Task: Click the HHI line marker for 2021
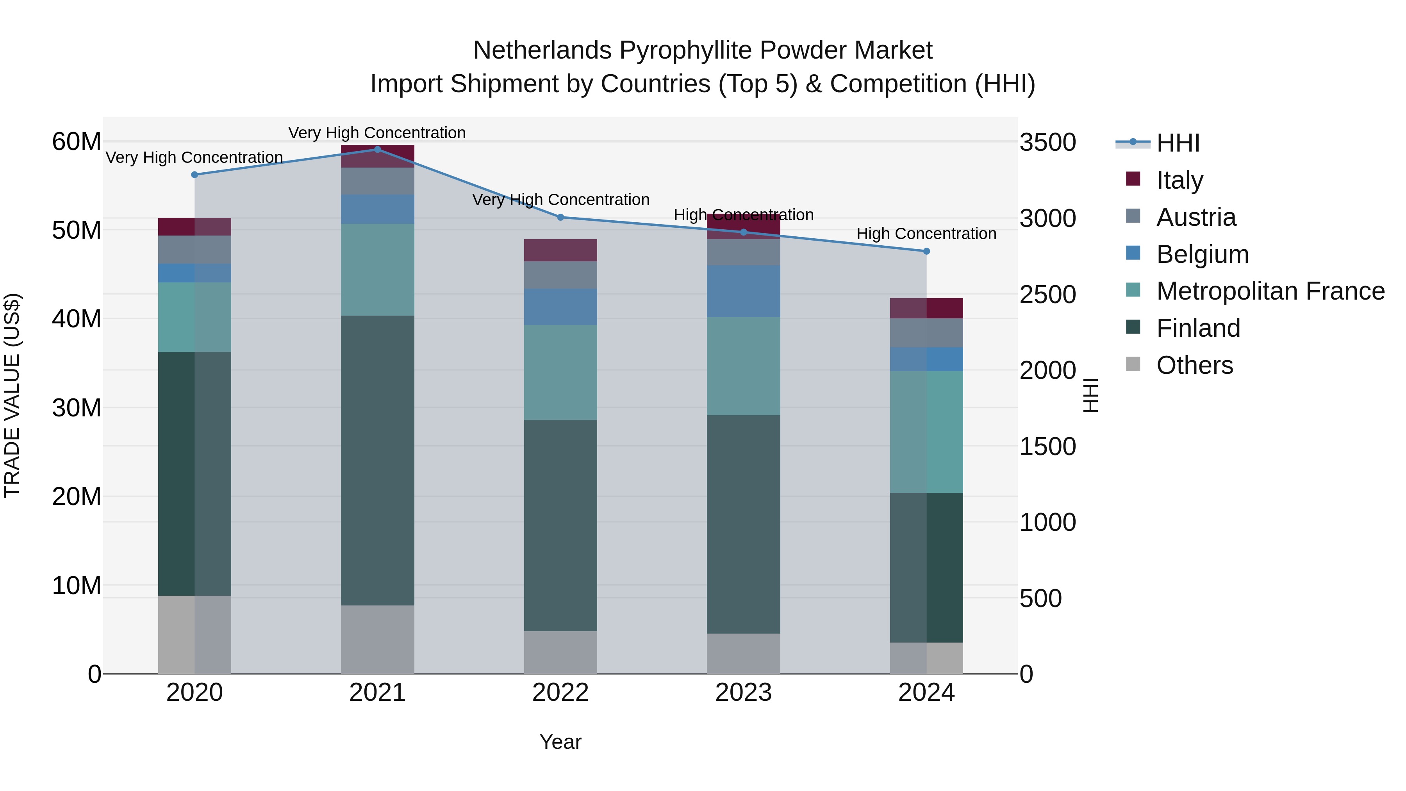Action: [377, 149]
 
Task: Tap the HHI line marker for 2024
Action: [926, 251]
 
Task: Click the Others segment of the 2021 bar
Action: [377, 639]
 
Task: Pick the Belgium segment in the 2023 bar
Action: [743, 291]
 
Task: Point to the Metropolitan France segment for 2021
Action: [377, 270]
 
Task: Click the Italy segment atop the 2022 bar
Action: [560, 250]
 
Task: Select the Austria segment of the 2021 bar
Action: [377, 181]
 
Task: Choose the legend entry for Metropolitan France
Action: [1270, 291]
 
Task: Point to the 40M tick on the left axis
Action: [77, 319]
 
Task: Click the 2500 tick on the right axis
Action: [1047, 295]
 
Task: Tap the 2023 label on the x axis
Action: [743, 693]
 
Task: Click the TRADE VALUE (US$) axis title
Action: [12, 395]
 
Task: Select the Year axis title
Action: [560, 742]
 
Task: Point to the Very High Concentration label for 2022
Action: [560, 200]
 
